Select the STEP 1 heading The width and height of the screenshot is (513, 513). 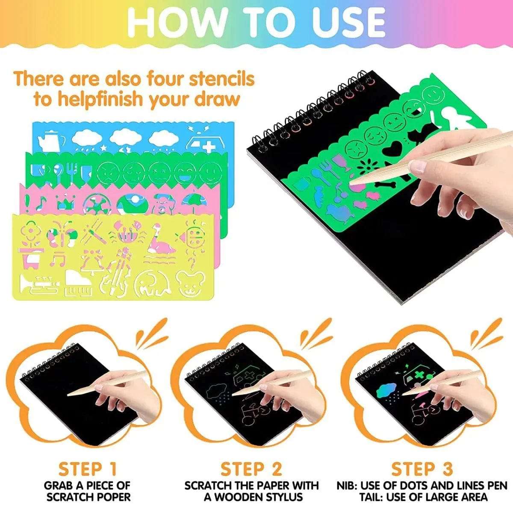(x=88, y=469)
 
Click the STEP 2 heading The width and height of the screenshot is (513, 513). (x=251, y=469)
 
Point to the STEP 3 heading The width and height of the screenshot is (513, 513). (x=422, y=469)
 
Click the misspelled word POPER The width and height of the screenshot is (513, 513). (x=110, y=497)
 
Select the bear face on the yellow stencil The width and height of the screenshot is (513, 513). (x=190, y=283)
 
